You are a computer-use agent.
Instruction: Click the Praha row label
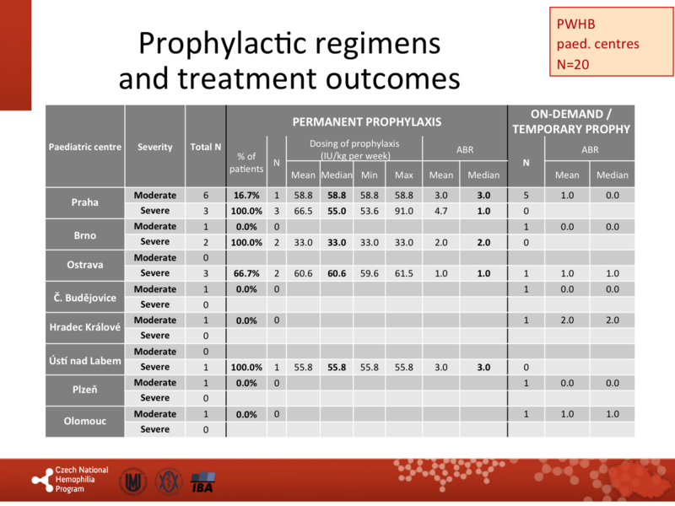click(x=84, y=202)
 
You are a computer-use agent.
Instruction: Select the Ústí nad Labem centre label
click(x=84, y=360)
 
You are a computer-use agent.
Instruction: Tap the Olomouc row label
click(x=84, y=421)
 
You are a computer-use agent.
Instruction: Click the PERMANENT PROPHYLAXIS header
click(x=367, y=122)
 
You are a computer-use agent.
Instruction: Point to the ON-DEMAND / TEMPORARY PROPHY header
click(x=571, y=121)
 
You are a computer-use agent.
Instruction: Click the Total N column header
click(x=206, y=147)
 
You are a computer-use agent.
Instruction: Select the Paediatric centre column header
click(x=84, y=147)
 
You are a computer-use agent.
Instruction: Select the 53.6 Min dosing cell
click(x=369, y=210)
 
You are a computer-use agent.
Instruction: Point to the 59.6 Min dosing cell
click(x=369, y=274)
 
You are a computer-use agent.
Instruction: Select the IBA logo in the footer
click(x=202, y=482)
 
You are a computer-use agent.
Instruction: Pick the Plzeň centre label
click(x=84, y=390)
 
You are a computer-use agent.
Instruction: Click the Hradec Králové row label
click(x=84, y=328)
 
